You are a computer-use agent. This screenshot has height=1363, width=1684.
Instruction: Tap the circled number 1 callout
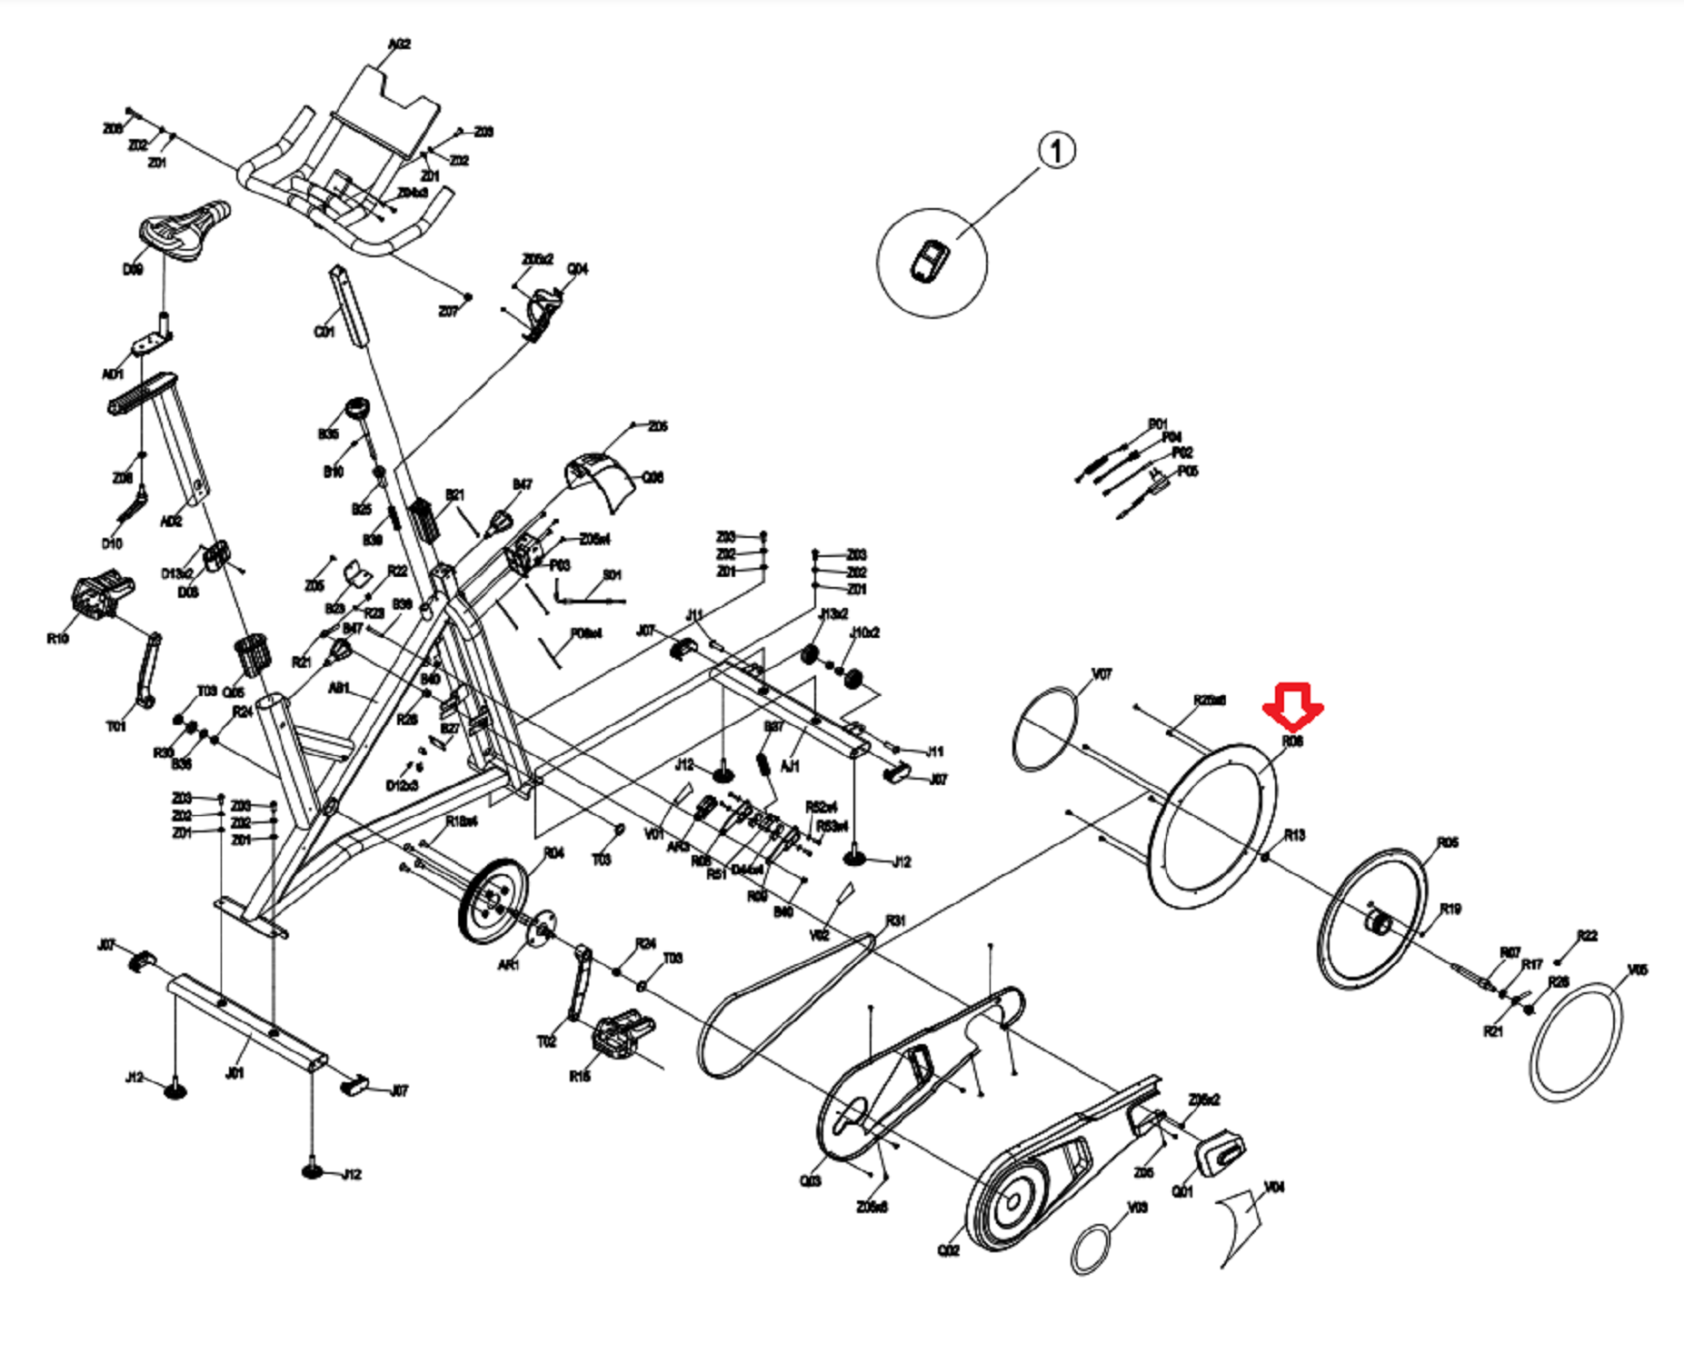1055,151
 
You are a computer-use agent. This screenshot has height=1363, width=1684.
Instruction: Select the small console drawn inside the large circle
930,263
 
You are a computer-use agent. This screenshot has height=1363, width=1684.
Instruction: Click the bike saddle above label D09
184,230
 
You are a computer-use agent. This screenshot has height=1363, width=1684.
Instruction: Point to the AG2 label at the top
399,44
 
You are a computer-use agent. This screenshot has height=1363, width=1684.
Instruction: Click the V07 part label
1101,674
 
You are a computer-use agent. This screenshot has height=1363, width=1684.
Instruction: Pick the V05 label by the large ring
1637,970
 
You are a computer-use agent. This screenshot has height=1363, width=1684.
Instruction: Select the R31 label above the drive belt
895,920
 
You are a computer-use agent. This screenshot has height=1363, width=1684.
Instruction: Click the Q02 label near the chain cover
948,1251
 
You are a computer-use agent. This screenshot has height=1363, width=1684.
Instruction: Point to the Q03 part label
810,1180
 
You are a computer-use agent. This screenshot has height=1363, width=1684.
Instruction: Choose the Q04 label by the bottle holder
577,269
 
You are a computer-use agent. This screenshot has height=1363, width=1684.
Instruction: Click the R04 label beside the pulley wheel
553,852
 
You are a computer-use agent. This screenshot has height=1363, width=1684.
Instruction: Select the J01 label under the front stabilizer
234,1073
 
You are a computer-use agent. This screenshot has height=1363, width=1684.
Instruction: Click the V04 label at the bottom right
1274,1188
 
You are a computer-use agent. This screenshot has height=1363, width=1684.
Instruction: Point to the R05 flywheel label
1448,842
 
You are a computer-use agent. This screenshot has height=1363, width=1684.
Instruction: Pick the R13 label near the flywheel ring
1294,835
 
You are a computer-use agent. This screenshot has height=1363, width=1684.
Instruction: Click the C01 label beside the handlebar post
324,333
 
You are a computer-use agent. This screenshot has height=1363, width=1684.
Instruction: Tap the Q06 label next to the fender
653,478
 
